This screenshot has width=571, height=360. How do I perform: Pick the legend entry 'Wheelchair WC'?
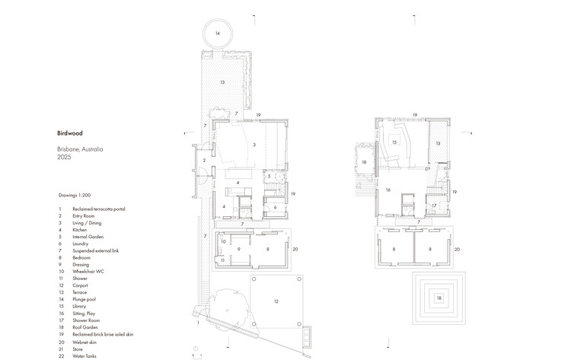pos(88,271)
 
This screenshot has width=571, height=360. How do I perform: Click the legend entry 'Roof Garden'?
pos(86,327)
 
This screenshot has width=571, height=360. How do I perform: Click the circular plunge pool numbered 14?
pos(217,33)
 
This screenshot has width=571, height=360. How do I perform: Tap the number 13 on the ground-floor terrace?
pos(223,81)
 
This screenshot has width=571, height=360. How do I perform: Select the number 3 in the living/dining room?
pos(254,144)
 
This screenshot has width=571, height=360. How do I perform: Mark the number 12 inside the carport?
pos(276,302)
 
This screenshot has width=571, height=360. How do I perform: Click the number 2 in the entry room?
pos(204,161)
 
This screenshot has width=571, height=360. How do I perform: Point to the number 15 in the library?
pos(394,142)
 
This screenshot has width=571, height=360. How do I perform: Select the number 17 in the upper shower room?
pos(432,205)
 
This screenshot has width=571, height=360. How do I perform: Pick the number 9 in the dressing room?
pos(238,248)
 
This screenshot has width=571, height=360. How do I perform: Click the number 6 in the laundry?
pos(275,207)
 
